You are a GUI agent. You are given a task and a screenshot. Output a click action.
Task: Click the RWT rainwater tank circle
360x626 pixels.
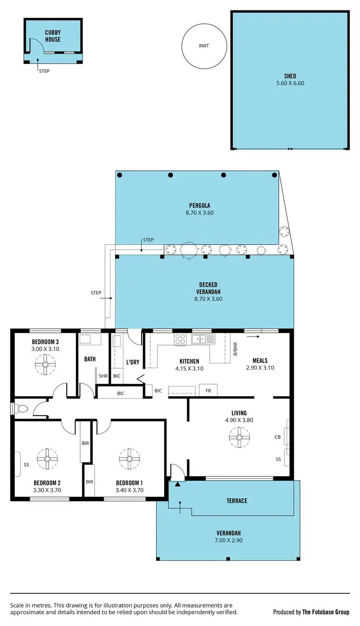[x=204, y=47]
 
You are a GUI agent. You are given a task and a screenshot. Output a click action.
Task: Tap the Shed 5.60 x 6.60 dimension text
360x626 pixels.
[x=289, y=83]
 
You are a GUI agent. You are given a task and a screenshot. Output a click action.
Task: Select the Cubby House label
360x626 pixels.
[x=53, y=36]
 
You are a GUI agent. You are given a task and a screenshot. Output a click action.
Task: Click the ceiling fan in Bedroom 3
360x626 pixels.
[x=46, y=364]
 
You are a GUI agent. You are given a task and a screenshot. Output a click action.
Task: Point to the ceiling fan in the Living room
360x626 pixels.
[x=239, y=437]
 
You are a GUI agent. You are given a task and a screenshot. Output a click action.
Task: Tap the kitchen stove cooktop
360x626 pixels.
[x=180, y=339]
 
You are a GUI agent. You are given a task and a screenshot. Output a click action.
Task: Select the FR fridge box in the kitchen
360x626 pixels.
[x=208, y=390]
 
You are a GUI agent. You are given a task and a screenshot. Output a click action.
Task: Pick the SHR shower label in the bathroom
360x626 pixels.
[x=103, y=376]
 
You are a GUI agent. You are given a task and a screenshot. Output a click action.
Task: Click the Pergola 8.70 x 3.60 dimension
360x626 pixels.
[x=199, y=213]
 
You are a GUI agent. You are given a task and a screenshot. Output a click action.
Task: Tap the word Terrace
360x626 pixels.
[x=237, y=501]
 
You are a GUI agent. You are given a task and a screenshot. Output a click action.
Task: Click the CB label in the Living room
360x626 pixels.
[x=277, y=437]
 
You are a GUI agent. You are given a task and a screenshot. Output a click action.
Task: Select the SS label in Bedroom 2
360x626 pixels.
[x=26, y=464]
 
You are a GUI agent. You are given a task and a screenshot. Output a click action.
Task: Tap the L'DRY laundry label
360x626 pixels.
[x=132, y=361]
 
